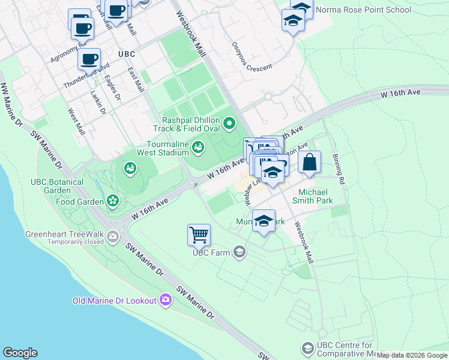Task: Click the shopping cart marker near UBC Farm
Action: (x=199, y=235)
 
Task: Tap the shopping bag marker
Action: (x=309, y=162)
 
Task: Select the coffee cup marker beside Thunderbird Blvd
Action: (x=89, y=59)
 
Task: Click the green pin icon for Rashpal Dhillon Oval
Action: (x=229, y=124)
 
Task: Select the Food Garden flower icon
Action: (x=112, y=201)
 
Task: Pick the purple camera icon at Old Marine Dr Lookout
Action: (x=166, y=300)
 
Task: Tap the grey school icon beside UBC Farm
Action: (x=240, y=252)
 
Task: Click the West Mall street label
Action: (x=76, y=122)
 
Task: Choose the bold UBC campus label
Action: (x=127, y=54)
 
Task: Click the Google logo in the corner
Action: (x=20, y=353)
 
